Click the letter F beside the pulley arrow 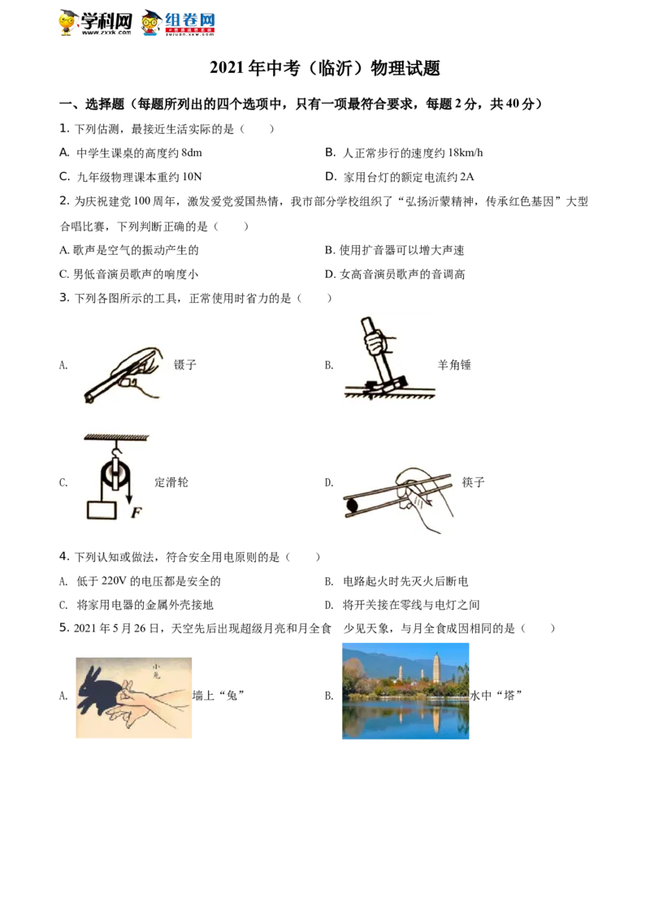135,512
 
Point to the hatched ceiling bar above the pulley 114,439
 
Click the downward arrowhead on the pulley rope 128,498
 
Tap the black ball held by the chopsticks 352,506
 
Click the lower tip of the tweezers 87,399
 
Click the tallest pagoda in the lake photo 437,670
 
